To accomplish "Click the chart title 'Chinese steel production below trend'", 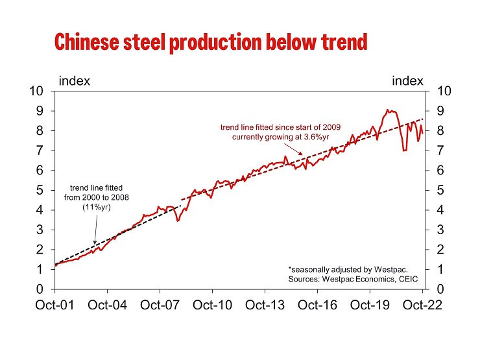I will [x=211, y=42].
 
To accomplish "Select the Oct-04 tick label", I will [x=106, y=306].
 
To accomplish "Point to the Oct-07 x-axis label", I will [x=159, y=306].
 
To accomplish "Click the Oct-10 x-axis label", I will [x=212, y=306].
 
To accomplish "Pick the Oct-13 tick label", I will [x=265, y=306].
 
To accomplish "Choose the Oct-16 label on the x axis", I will [x=317, y=306].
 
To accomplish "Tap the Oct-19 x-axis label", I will [x=370, y=306].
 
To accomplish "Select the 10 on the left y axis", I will [x=38, y=91].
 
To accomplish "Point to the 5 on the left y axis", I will [x=41, y=190].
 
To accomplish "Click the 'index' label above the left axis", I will [x=74, y=81].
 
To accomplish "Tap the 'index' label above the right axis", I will [x=407, y=81].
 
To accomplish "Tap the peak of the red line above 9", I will [x=387, y=110].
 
